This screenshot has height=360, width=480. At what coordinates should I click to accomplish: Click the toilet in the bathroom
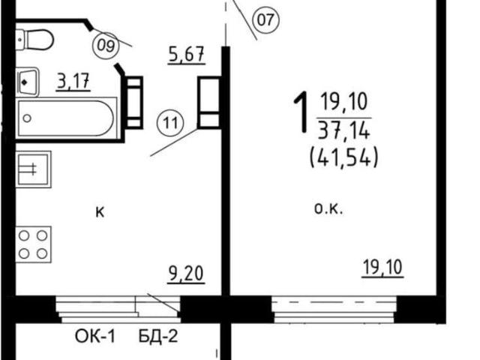pyautogui.click(x=34, y=40)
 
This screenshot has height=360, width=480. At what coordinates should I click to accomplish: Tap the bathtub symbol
pyautogui.click(x=66, y=118)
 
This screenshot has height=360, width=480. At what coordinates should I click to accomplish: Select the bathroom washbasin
pyautogui.click(x=28, y=82)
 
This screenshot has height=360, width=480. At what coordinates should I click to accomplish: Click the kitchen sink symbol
pyautogui.click(x=33, y=169)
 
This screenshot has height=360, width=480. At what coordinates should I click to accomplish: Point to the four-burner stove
pyautogui.click(x=33, y=244)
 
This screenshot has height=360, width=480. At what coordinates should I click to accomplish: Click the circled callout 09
pyautogui.click(x=106, y=46)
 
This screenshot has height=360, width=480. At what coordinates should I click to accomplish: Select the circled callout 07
pyautogui.click(x=265, y=20)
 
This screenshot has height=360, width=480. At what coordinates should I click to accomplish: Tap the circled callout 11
pyautogui.click(x=170, y=124)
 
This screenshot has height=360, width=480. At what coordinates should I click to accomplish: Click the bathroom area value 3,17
pyautogui.click(x=73, y=82)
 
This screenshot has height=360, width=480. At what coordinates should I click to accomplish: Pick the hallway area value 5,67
pyautogui.click(x=187, y=55)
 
